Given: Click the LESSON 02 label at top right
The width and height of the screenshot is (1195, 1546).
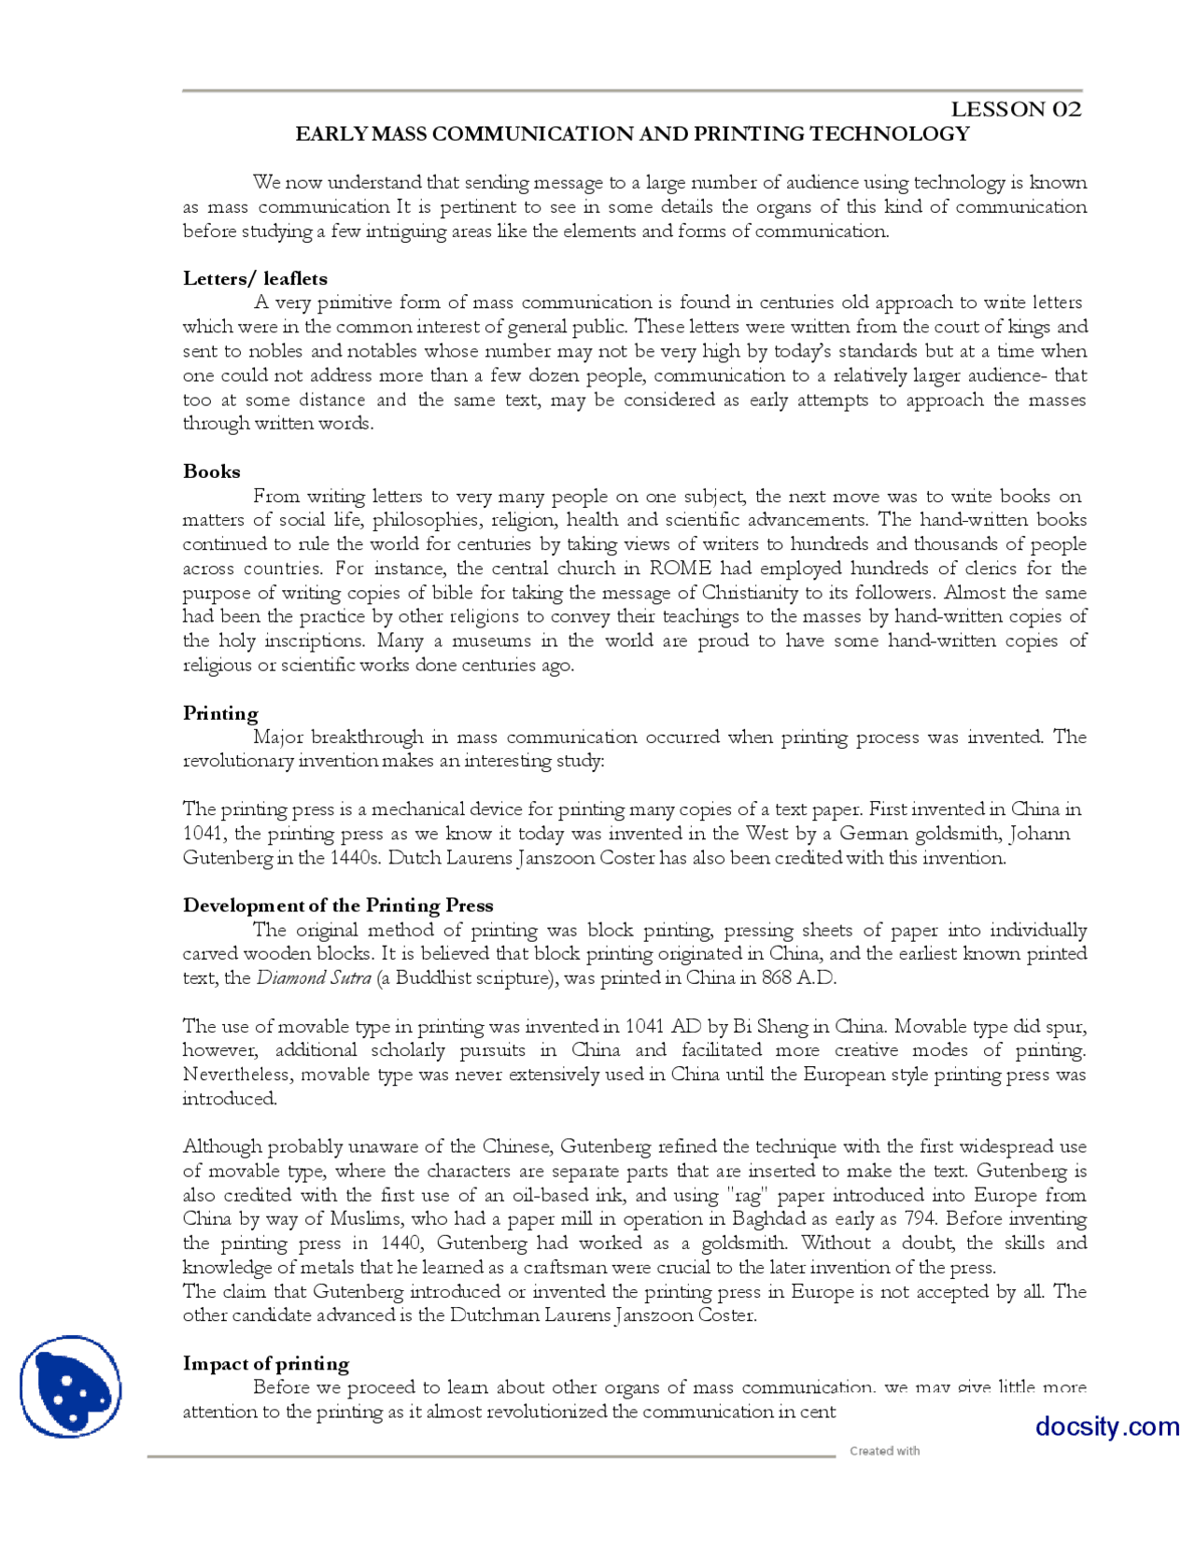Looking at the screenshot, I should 1016,109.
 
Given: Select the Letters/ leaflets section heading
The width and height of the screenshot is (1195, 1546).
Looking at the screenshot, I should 255,278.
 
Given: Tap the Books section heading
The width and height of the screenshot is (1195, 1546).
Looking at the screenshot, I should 212,471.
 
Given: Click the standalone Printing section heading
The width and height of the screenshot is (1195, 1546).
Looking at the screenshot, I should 220,713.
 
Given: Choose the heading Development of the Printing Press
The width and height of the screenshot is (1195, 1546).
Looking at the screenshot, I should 338,906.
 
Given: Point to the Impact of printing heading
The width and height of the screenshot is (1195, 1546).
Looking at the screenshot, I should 266,1364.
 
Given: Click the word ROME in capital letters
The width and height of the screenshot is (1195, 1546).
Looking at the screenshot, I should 681,569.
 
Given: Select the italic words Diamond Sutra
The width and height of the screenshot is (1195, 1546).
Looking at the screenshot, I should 314,978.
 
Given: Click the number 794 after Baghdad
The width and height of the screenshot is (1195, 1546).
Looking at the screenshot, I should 921,1219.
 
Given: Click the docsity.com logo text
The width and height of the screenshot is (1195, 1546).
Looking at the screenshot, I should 1106,1427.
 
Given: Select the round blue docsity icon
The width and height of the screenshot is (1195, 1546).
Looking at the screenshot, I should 71,1386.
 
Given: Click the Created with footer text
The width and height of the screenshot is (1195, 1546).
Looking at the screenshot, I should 884,1451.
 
